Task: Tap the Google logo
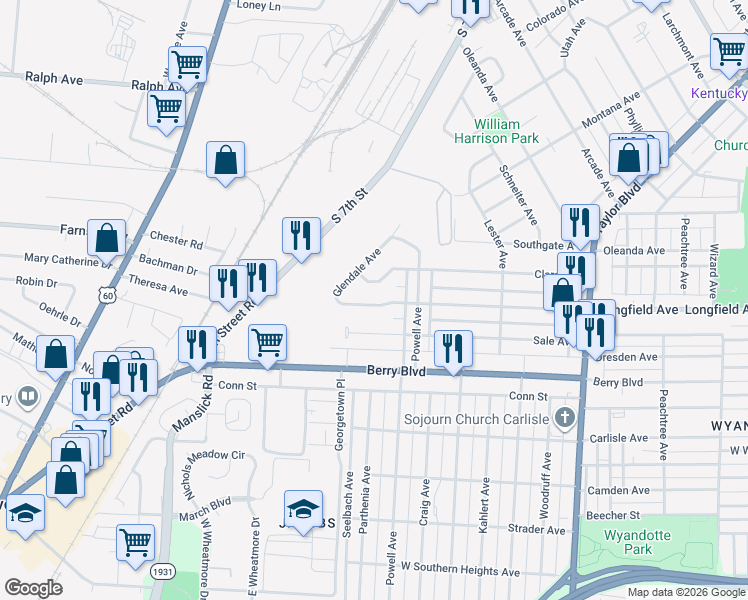(33, 588)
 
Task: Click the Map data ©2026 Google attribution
(686, 592)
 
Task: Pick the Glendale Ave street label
(357, 272)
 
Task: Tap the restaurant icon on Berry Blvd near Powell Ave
(453, 348)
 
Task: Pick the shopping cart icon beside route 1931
(135, 542)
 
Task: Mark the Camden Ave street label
(619, 490)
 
